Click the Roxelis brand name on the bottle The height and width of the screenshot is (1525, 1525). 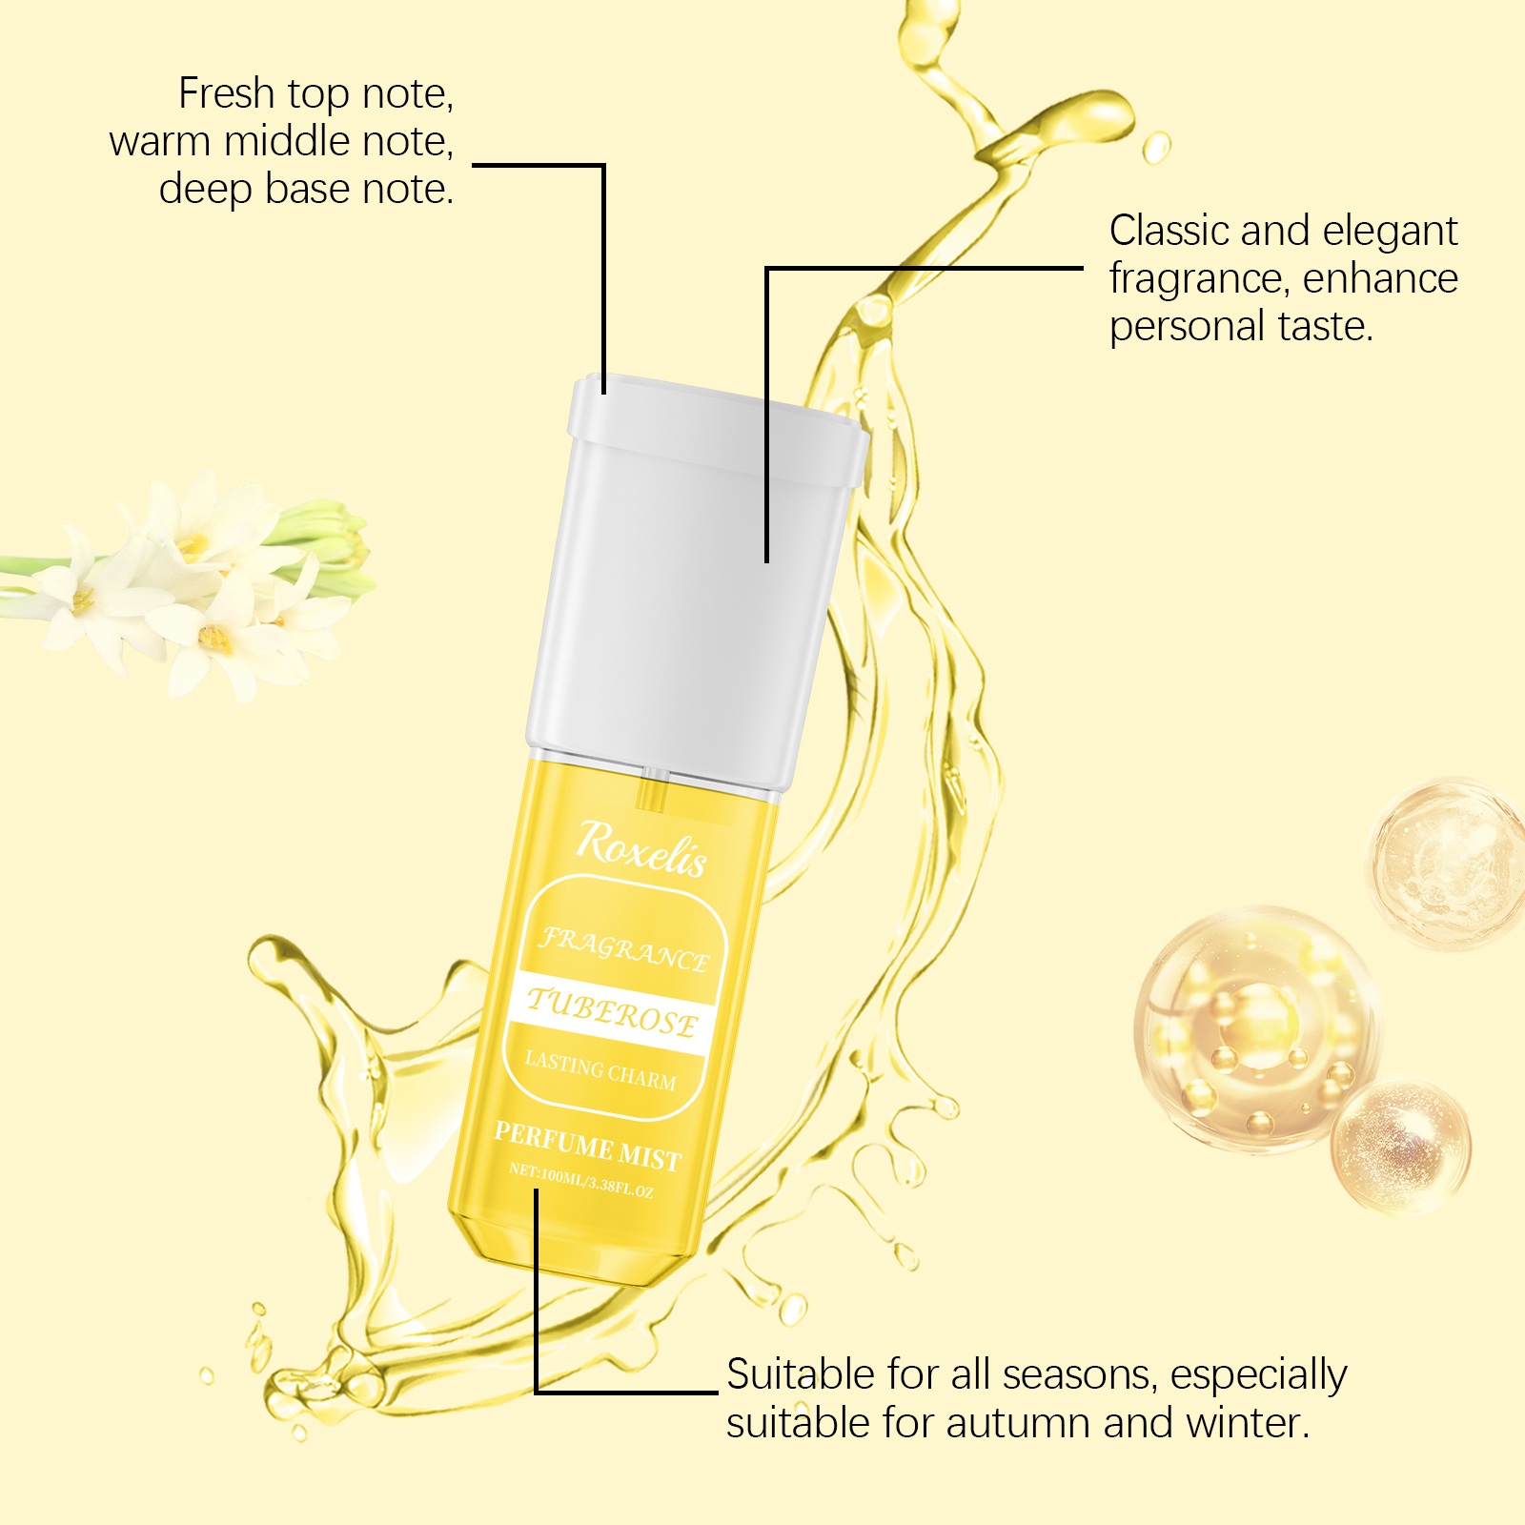(x=641, y=848)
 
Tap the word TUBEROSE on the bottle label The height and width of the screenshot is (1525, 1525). (x=612, y=1012)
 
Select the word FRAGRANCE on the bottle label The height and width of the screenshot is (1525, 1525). (x=624, y=949)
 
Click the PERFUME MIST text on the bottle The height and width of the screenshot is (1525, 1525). (x=587, y=1147)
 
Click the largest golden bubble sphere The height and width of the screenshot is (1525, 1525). (x=1256, y=1029)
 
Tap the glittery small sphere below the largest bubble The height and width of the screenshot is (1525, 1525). (x=1401, y=1147)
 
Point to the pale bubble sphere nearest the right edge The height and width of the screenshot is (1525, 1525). (x=1448, y=864)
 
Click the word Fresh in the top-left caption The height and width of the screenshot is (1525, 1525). (x=227, y=93)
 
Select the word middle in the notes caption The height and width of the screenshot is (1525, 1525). (x=280, y=141)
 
